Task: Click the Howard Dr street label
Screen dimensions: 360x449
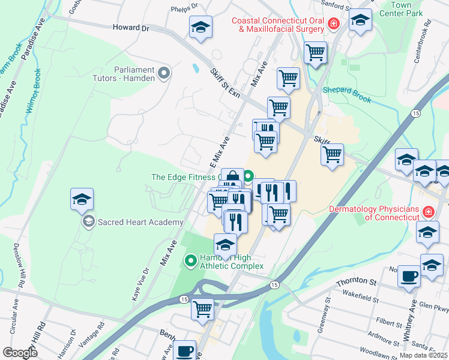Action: click(x=131, y=28)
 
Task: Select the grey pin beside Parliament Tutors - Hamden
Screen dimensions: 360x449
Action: click(x=164, y=75)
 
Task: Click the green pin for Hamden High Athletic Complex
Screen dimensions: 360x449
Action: click(x=190, y=260)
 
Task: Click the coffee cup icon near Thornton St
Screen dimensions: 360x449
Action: click(x=409, y=276)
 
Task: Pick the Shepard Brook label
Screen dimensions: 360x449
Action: click(x=348, y=91)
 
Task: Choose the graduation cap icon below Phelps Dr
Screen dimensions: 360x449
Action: click(x=201, y=27)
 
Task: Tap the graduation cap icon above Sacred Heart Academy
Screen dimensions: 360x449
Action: click(x=82, y=200)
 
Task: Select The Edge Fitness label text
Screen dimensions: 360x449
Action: click(x=182, y=177)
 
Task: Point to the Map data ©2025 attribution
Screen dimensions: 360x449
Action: click(x=423, y=355)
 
